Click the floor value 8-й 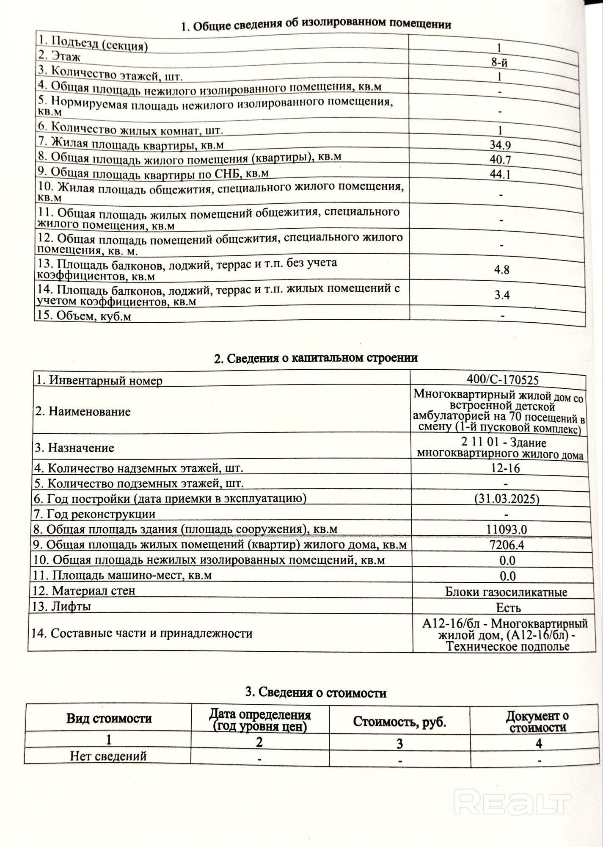tap(499, 63)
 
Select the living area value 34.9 tap(500, 145)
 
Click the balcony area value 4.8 tap(501, 270)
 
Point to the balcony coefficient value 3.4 tap(502, 295)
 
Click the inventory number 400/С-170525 tap(503, 379)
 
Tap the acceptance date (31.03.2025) tap(507, 499)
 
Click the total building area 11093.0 tap(507, 529)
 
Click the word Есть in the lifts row tap(508, 608)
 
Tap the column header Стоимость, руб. tap(399, 722)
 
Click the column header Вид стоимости tap(109, 718)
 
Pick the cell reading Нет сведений tap(108, 756)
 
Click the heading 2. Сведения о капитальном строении tap(316, 358)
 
